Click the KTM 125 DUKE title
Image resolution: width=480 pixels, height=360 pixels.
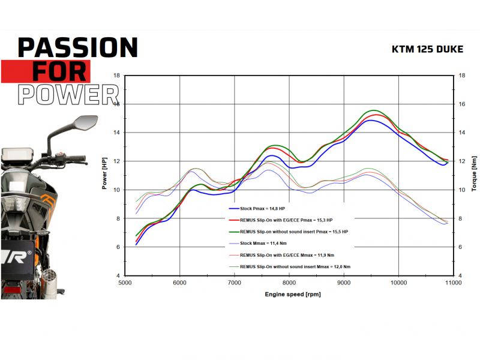(427, 49)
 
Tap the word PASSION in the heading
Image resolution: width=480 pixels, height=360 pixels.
(78, 47)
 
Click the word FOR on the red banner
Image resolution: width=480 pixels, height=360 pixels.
(59, 71)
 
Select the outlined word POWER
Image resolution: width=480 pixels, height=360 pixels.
(68, 95)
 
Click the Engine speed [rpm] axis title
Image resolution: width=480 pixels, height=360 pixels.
(293, 294)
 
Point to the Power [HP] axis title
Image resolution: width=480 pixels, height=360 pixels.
(104, 173)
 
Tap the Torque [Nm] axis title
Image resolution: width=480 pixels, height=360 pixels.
(474, 173)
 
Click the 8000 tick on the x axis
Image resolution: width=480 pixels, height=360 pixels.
(289, 283)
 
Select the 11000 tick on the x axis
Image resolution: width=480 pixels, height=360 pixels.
(454, 283)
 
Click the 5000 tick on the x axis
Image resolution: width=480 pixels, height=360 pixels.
(125, 283)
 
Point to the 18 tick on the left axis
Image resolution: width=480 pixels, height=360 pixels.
(116, 76)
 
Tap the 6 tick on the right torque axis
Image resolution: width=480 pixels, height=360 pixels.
(460, 247)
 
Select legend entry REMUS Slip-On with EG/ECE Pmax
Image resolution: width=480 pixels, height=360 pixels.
(281, 220)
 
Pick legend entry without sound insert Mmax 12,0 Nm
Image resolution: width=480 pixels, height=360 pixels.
(290, 266)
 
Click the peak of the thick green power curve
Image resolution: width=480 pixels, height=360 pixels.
(374, 110)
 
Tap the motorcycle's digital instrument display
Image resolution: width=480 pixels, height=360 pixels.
(17, 154)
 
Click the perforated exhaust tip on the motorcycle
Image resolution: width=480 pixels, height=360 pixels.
(49, 280)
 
